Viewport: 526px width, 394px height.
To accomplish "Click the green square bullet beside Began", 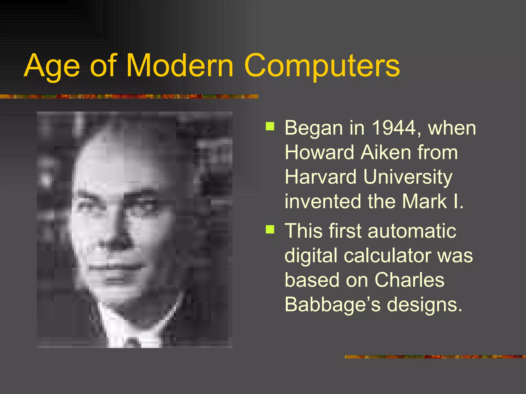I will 270,126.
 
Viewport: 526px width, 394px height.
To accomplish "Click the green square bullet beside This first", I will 270,229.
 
